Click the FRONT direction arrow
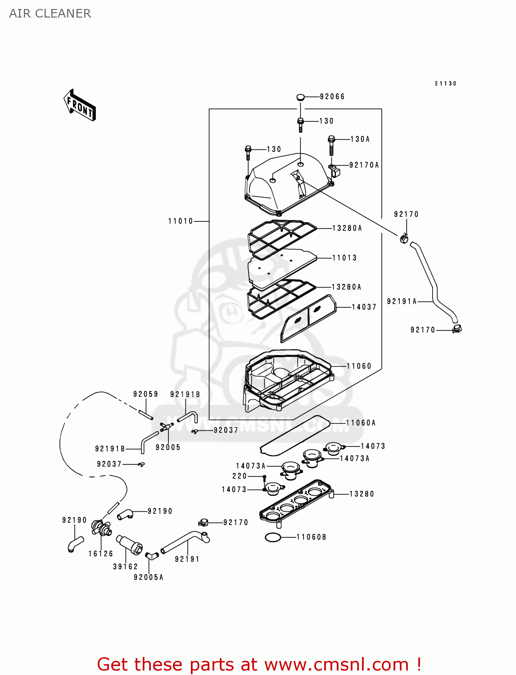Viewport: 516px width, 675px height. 80,105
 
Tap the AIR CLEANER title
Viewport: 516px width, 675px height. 50,13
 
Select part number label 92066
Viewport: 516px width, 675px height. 332,96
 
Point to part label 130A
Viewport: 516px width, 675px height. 360,139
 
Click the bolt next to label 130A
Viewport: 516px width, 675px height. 331,144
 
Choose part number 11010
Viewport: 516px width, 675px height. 181,221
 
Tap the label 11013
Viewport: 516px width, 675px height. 344,258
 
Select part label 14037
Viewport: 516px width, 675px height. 364,307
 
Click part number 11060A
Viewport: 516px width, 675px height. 361,423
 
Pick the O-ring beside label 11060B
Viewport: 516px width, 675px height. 273,537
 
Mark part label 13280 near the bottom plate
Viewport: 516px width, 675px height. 362,494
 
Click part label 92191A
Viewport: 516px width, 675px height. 402,301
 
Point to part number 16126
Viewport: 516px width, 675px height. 101,553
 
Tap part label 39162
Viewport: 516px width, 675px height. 125,567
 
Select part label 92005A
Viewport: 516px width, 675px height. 149,577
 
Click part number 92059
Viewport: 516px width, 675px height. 145,394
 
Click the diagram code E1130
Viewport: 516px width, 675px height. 446,83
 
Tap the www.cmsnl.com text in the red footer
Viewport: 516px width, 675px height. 337,664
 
